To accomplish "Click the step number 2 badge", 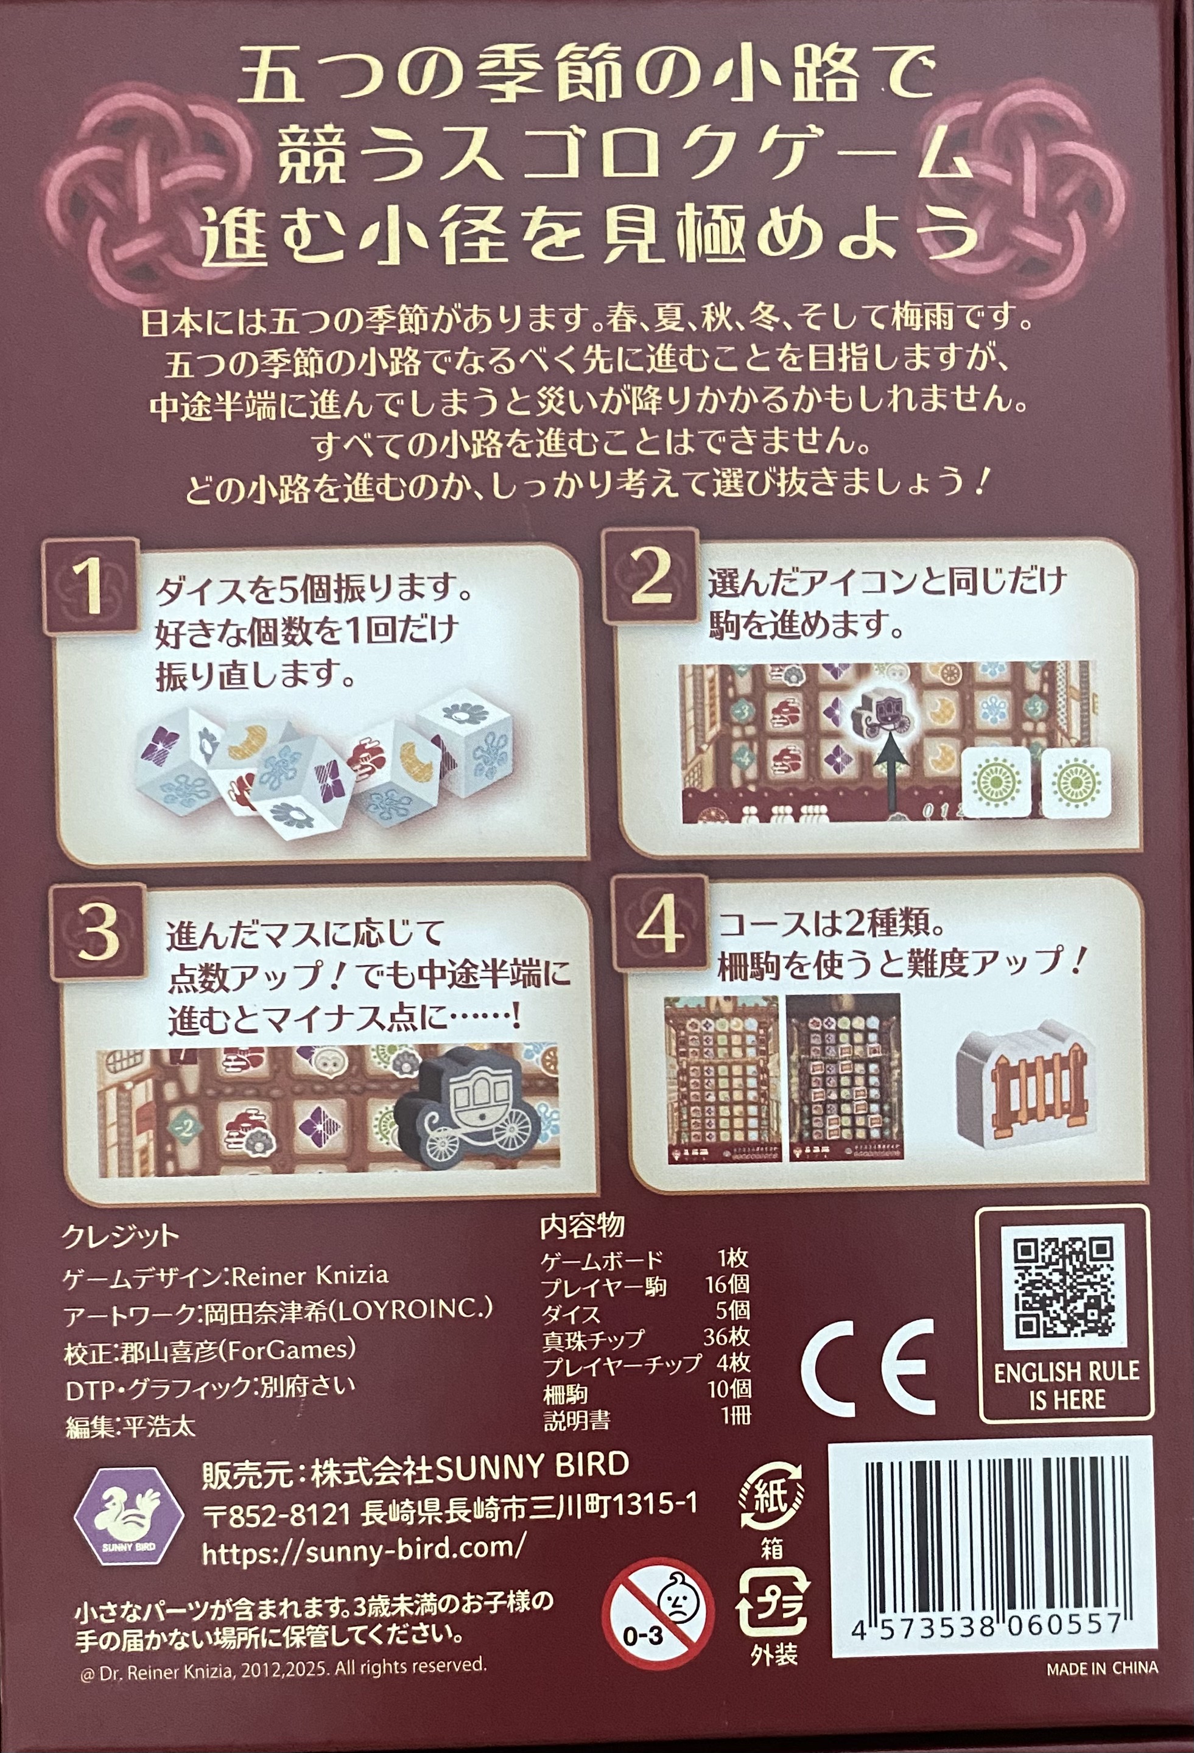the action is point(651,575).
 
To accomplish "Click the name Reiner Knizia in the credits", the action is point(309,1276).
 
